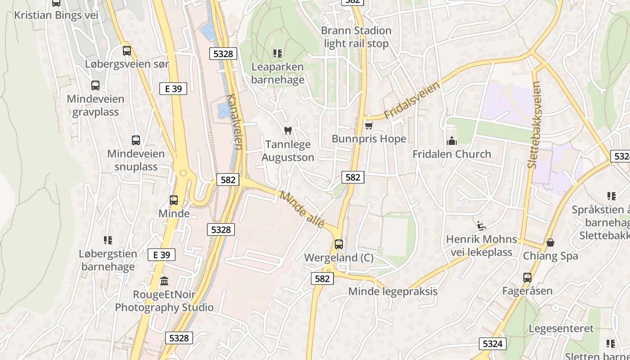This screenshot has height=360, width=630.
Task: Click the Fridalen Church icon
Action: click(452, 141)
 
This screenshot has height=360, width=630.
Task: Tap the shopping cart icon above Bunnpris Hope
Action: click(369, 126)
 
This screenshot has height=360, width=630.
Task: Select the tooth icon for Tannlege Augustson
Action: click(288, 131)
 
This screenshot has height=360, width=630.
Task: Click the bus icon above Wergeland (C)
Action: click(339, 244)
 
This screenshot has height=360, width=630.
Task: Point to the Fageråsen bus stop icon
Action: click(527, 278)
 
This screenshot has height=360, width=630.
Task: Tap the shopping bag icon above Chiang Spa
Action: click(550, 243)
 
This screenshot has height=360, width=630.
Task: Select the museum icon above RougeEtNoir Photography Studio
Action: click(164, 281)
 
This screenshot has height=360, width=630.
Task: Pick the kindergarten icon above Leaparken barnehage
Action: click(278, 54)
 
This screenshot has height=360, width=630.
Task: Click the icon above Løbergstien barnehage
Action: click(108, 240)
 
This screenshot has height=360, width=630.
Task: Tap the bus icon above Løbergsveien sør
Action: click(127, 51)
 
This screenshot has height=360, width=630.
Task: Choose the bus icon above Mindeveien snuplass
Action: click(136, 140)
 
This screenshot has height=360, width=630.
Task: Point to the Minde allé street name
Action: click(302, 209)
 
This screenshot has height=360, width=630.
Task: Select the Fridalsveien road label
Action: click(412, 100)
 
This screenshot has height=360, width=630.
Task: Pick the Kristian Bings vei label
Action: click(56, 15)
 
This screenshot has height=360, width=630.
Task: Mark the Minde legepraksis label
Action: click(393, 291)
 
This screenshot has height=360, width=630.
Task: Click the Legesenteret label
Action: click(561, 328)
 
